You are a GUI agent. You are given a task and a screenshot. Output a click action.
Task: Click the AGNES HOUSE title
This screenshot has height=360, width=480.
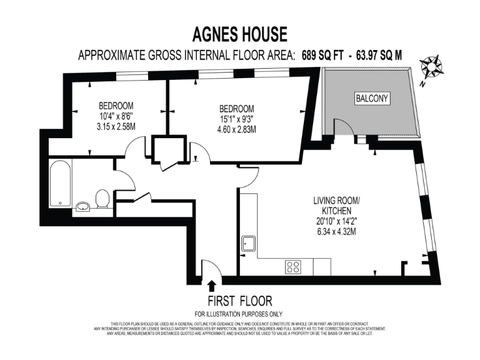(x=239, y=35)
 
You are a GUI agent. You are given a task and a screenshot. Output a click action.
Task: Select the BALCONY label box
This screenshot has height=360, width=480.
(x=372, y=98)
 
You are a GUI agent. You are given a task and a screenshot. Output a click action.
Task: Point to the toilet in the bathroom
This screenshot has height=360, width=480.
(x=103, y=200)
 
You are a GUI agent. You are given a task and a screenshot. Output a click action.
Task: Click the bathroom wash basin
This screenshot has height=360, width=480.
(x=82, y=206)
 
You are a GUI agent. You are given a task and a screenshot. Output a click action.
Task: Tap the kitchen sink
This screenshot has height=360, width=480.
(x=249, y=243)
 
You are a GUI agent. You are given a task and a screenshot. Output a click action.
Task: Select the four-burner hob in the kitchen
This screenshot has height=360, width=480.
(x=292, y=267)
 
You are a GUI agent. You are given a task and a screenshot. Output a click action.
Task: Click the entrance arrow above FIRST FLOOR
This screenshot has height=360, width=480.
(x=211, y=286)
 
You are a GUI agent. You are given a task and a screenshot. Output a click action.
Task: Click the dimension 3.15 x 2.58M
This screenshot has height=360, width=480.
(x=116, y=127)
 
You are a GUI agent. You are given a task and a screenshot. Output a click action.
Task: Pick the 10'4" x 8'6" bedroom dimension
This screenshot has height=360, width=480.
(x=116, y=116)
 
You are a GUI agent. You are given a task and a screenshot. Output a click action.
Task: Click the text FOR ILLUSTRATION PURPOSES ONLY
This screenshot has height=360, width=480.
(x=239, y=314)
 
